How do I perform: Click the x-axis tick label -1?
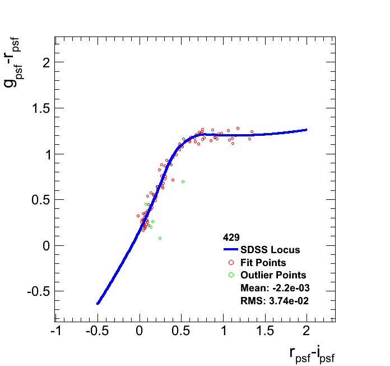tap(55, 331)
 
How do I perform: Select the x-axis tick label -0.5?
tap(96, 331)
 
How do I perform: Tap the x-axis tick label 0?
tap(140, 331)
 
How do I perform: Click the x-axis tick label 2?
tap(307, 331)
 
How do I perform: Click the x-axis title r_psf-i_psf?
tap(312, 353)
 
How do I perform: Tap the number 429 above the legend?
tap(231, 237)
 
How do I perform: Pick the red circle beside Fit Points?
tap(231, 262)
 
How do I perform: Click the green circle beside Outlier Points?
tap(231, 275)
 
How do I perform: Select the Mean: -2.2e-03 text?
tap(275, 288)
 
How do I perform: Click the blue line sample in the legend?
tap(231, 250)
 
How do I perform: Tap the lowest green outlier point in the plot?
tap(160, 239)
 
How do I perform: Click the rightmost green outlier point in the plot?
tap(183, 181)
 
